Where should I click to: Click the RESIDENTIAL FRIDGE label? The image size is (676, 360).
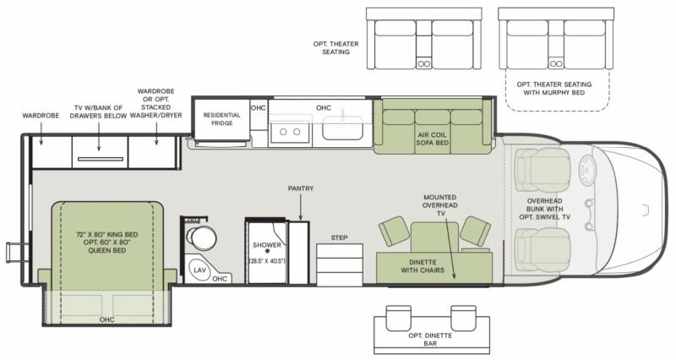221,119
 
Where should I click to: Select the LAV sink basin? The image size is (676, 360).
199,270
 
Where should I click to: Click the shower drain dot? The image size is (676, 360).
267,250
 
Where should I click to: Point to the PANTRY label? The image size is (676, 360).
301,188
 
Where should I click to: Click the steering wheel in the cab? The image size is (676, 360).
586,171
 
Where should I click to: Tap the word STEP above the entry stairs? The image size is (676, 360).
340,237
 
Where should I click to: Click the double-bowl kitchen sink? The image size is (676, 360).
290,132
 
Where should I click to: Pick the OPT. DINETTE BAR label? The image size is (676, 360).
430,340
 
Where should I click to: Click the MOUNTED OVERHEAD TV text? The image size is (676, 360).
439,205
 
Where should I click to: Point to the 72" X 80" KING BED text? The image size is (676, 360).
107,235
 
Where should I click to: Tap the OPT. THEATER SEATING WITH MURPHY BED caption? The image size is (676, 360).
554,89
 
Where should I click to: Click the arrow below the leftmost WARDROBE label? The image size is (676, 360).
41,134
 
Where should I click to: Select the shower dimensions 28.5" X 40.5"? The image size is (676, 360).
267,261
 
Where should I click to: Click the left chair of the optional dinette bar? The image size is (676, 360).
398,319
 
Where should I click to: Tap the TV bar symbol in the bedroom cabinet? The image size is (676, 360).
101,159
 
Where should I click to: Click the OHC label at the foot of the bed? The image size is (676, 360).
107,319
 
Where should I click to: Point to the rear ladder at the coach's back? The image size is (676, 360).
14,253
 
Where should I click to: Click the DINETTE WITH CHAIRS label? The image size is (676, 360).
422,266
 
